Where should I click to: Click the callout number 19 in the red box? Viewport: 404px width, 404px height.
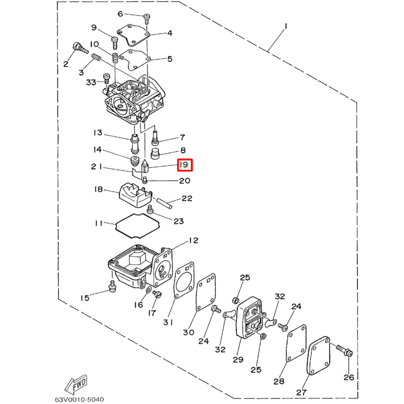pos(184,165)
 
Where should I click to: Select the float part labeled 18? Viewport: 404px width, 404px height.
pos(133,196)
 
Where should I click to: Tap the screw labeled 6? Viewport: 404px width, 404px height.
pos(147,18)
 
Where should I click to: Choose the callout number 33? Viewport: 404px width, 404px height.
pos(91,83)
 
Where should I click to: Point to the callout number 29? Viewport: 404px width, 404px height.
pos(238,359)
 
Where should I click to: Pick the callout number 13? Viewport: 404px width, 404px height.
pos(98,133)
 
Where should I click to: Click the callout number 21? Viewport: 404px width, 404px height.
pos(96,167)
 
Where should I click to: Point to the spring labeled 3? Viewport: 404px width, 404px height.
pos(96,58)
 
